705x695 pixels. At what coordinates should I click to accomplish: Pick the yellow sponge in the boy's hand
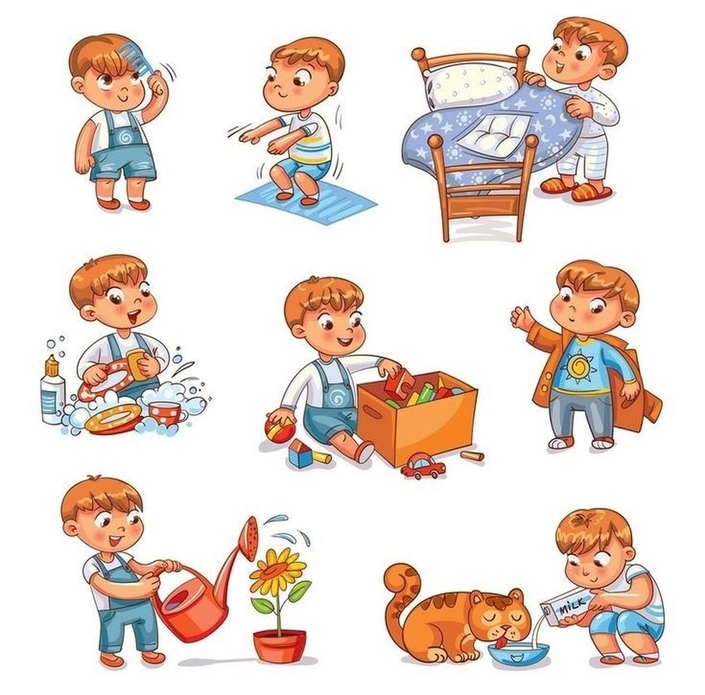pos(138,365)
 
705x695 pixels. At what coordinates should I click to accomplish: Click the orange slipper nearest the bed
pos(557,186)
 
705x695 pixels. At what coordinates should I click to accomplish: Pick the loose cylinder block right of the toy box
pos(472,455)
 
